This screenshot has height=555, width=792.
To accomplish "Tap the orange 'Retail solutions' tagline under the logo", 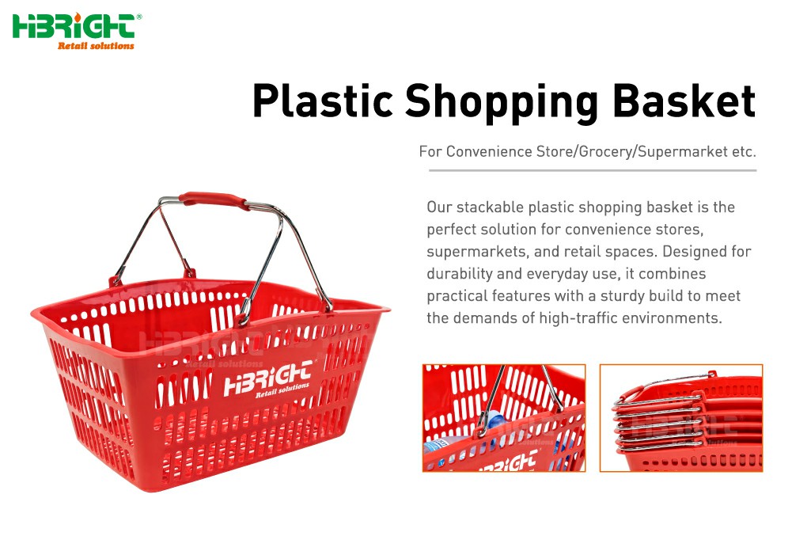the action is tap(96, 45).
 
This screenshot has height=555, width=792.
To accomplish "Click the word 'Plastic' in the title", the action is tap(322, 101).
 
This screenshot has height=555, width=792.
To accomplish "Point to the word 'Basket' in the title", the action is tap(684, 101).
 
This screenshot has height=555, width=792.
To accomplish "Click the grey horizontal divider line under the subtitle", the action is tap(593, 171).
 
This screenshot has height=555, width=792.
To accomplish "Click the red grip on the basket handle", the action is tap(214, 199).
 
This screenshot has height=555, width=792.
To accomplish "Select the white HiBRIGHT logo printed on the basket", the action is tap(267, 380).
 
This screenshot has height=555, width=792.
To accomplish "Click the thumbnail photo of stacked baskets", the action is tap(681, 418).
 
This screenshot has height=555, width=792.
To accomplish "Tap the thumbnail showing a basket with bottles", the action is tap(503, 418).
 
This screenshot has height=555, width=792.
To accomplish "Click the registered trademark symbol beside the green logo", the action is tap(139, 17).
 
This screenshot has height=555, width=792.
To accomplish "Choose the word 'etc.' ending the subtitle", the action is tap(744, 152).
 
